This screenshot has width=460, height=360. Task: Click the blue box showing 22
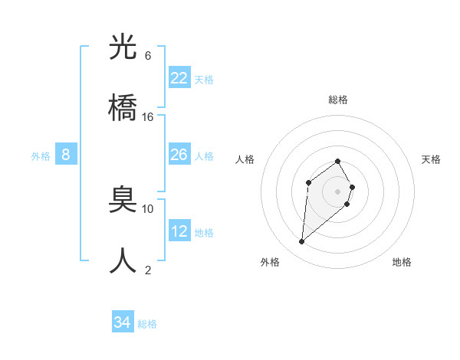pos(179,78)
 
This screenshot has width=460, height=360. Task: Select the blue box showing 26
pos(179,155)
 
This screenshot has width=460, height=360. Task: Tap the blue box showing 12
pos(179,231)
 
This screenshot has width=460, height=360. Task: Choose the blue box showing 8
pos(66,155)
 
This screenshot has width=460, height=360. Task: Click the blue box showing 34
pos(122,322)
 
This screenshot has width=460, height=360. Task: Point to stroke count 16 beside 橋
pos(148,117)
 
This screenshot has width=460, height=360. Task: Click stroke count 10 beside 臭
pos(148,208)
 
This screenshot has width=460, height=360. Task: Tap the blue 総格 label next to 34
pos(147,324)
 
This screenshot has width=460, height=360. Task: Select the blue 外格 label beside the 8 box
pos(41,156)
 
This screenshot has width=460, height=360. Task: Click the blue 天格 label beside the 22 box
pos(204,80)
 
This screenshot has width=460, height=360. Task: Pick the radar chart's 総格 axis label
pos(338,100)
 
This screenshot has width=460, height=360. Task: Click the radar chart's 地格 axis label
pos(402,262)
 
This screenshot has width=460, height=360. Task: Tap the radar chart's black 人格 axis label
pos(245,159)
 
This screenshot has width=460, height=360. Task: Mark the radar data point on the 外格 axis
pos(301,242)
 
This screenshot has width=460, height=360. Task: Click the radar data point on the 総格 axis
pos(338,161)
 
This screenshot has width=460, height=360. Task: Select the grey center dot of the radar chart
pos(338,191)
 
